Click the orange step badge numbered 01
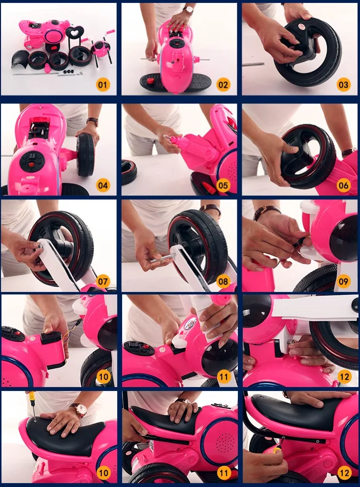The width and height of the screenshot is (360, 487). (103, 84)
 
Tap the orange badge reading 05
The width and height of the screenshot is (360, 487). (223, 185)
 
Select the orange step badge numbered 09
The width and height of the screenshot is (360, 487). (343, 281)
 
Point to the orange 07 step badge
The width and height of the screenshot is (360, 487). (103, 281)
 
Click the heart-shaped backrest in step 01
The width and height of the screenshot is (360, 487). (74, 32)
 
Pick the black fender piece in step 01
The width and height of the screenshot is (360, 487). (21, 59)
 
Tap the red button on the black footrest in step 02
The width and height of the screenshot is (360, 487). (151, 82)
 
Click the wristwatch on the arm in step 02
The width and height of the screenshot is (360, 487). (188, 10)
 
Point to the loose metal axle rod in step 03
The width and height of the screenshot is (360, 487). (253, 64)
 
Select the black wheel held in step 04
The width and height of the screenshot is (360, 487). (85, 154)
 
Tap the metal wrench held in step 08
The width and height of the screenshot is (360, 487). (163, 258)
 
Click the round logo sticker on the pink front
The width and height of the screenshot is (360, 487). (190, 324)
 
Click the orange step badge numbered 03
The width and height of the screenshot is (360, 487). (343, 84)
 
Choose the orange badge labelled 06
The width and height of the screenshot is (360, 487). (343, 185)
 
